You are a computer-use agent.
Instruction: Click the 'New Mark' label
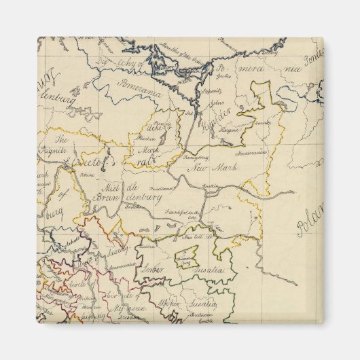[206, 168]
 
